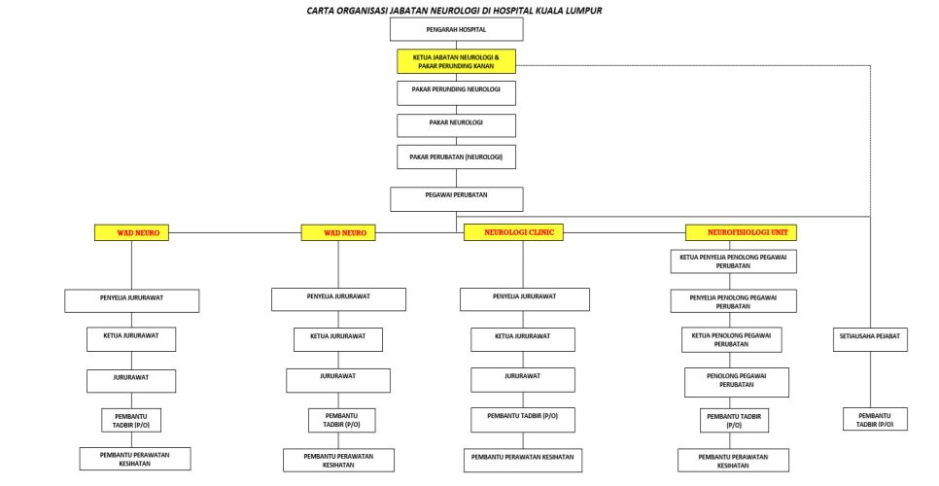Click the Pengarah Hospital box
[456, 30]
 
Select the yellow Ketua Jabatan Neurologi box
[456, 61]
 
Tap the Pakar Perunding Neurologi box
[456, 92]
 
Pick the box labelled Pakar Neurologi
[456, 124]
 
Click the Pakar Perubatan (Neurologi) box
[456, 156]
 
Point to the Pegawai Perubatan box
[456, 198]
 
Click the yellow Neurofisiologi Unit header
[741, 232]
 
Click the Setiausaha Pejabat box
[869, 339]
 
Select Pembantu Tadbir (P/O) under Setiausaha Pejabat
[875, 419]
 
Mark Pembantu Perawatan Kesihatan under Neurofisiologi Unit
[733, 460]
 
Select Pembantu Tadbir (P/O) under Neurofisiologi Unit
[733, 419]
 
